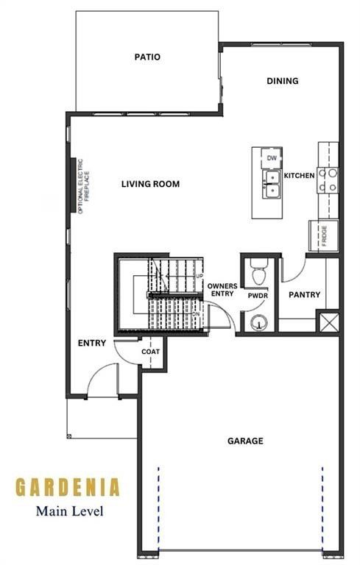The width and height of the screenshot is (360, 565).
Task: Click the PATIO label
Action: [x=147, y=57]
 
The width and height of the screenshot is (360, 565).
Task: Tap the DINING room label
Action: [x=282, y=81]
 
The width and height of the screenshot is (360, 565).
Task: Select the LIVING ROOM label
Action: [x=150, y=184]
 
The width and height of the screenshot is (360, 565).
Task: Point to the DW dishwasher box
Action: [x=272, y=158]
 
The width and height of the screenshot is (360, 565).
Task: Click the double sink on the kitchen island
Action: [x=272, y=184]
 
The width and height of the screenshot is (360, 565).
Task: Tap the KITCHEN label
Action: [x=300, y=176]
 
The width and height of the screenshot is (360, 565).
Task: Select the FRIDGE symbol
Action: [x=323, y=235]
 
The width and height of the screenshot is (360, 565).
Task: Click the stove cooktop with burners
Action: [x=328, y=180]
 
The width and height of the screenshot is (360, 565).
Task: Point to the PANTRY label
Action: [x=304, y=295]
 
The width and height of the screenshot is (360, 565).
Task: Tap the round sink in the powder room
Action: [x=258, y=321]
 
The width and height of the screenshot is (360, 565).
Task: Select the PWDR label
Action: [x=257, y=295]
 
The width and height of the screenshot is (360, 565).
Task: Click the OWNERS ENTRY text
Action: [x=221, y=290]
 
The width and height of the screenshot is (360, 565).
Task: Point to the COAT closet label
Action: [x=150, y=352]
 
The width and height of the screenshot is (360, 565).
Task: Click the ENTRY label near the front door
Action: [x=92, y=343]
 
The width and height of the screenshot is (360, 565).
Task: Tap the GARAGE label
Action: [x=245, y=441]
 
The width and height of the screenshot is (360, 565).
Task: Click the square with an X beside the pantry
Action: [x=327, y=321]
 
